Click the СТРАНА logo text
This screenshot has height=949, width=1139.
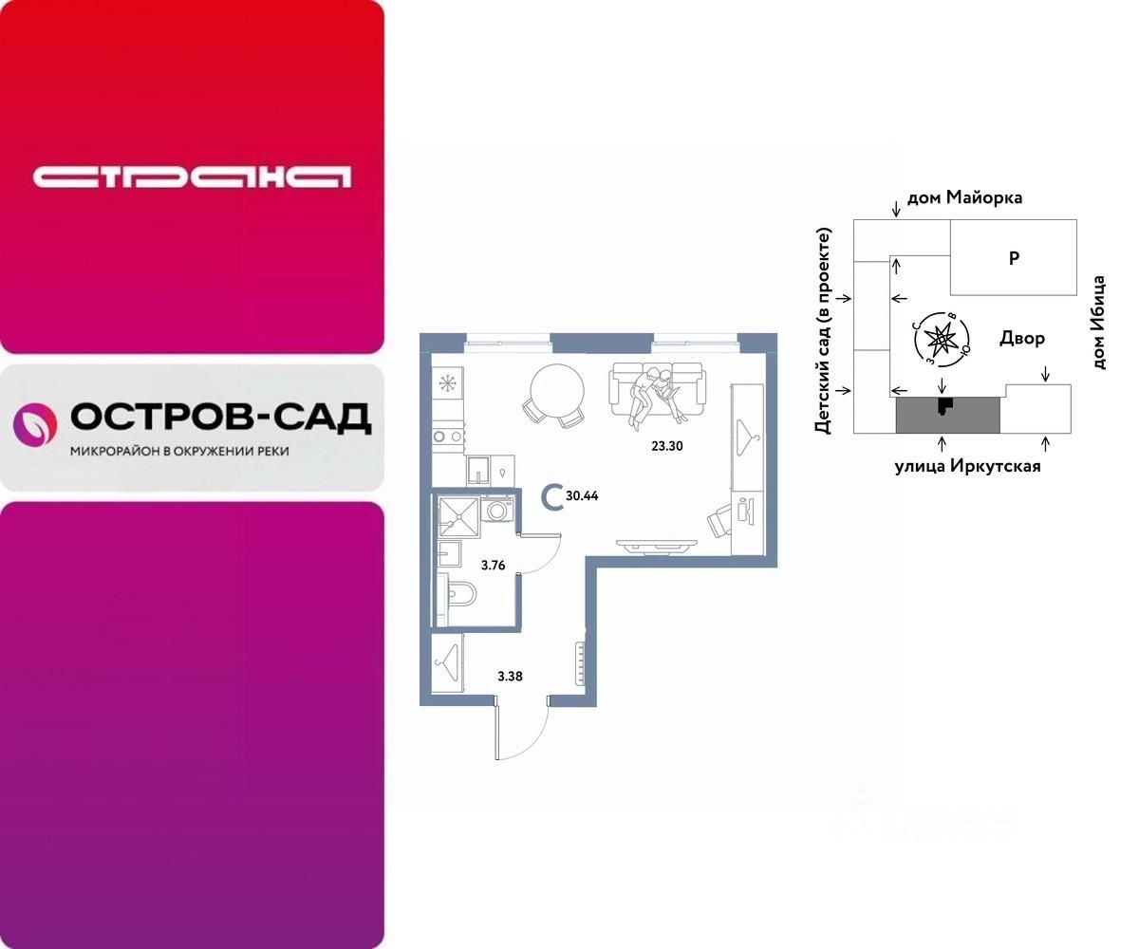pyautogui.click(x=192, y=177)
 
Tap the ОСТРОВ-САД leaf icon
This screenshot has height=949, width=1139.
pyautogui.click(x=34, y=424)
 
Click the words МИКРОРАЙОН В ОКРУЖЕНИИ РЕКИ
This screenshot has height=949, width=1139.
pyautogui.click(x=180, y=451)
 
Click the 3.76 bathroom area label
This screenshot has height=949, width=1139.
pyautogui.click(x=493, y=566)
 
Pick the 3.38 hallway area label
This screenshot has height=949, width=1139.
pyautogui.click(x=511, y=677)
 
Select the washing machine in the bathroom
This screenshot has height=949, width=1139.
pyautogui.click(x=496, y=509)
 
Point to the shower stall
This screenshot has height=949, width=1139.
pyautogui.click(x=459, y=516)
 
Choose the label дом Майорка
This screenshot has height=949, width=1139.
pyautogui.click(x=964, y=198)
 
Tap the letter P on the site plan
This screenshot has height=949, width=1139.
pyautogui.click(x=1014, y=257)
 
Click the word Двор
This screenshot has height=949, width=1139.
pyautogui.click(x=1022, y=339)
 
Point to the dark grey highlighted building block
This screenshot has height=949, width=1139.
pyautogui.click(x=947, y=415)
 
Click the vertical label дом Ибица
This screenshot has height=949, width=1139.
pyautogui.click(x=1099, y=323)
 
